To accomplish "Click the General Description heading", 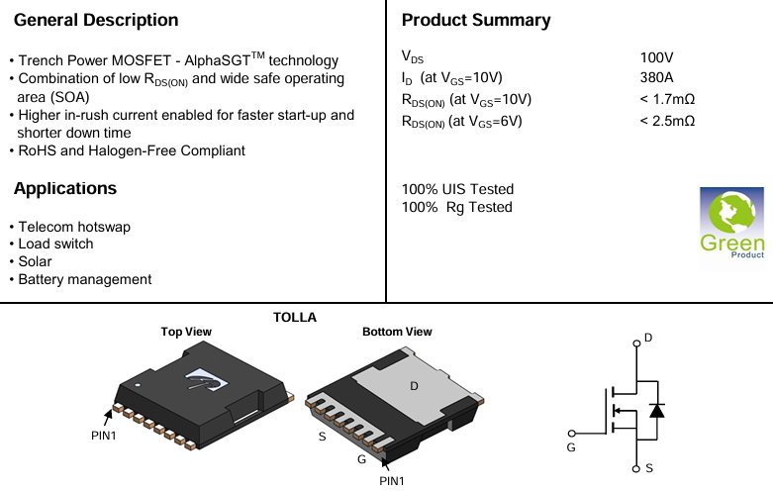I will click(x=96, y=20).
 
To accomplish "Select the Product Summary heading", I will click(x=476, y=20).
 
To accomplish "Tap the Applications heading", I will click(x=65, y=188).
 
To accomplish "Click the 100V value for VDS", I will click(x=658, y=58).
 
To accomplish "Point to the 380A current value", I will click(x=658, y=77).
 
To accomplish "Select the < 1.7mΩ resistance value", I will click(x=667, y=99).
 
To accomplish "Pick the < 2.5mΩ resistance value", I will click(x=667, y=121).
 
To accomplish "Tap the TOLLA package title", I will click(x=295, y=317).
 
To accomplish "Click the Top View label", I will click(x=186, y=332).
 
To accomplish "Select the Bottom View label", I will click(x=397, y=332).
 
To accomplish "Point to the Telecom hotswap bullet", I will click(x=74, y=227).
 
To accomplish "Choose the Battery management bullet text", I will click(x=85, y=279).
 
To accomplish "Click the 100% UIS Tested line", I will click(x=457, y=189).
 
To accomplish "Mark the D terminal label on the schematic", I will click(x=648, y=338).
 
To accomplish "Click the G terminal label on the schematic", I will click(x=571, y=447).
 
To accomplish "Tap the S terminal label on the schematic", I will click(x=648, y=467).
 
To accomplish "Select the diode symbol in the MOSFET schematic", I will click(x=655, y=410).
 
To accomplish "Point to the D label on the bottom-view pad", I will click(x=414, y=384).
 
